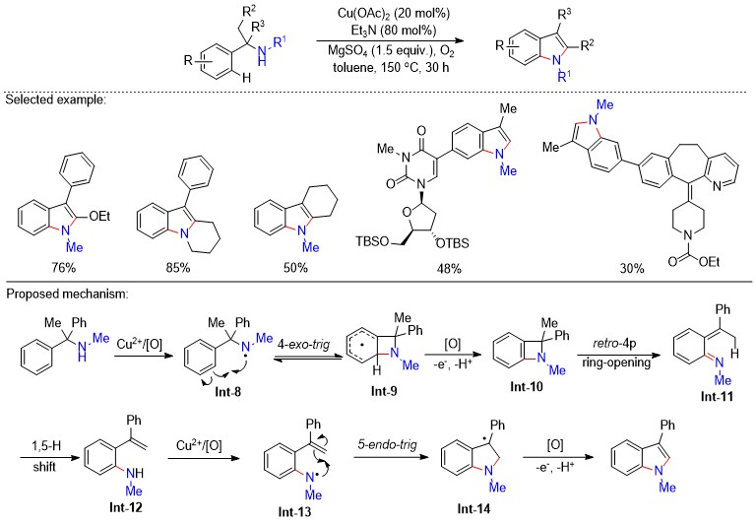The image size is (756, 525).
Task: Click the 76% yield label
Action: pos(64,267)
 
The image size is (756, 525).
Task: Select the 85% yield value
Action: pos(178,267)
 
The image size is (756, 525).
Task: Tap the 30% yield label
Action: pos(632,268)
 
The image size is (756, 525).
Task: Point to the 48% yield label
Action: pos(449,268)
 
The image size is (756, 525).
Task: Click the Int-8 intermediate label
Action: pos(228,392)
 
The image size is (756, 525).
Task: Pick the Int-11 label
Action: pos(717,397)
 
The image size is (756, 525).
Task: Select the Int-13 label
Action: pos(294,511)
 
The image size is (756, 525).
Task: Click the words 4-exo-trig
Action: pos(304,345)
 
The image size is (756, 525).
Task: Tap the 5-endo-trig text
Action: pos(388,444)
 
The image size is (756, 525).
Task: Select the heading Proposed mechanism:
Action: pos(68,294)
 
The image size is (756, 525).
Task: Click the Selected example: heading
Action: pos(55,99)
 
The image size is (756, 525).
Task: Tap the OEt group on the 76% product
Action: pos(99,216)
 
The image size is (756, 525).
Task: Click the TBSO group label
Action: pos(372,240)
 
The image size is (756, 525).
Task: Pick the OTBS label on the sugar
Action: pos(452,242)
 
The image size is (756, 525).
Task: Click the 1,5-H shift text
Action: pos(45,456)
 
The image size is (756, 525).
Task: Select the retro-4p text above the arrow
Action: pos(614,344)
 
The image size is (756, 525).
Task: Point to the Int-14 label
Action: pos(473,508)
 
